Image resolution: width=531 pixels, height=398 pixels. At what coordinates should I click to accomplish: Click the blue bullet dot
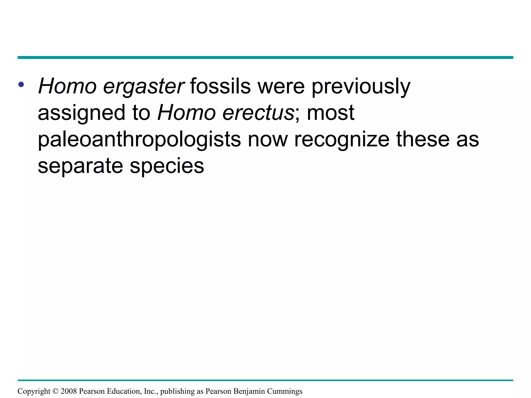pos(21,84)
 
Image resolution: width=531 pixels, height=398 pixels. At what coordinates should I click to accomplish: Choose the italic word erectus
pos(258,113)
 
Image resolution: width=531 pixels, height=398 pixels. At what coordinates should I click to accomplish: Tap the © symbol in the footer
pos(55,391)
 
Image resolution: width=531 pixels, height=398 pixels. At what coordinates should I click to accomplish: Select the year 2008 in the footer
pos(69,391)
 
